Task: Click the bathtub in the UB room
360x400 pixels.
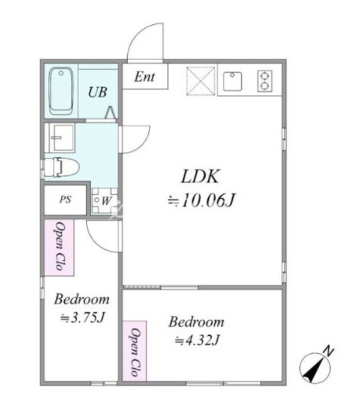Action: (x=61, y=91)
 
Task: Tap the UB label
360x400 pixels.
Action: (x=97, y=92)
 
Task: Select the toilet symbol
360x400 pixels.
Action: (x=61, y=168)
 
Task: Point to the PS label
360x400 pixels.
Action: (x=65, y=199)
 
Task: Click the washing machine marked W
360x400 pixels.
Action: (x=105, y=201)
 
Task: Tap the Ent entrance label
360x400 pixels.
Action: (x=145, y=76)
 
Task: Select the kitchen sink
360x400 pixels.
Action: (x=232, y=81)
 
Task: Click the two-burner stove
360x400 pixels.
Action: (x=265, y=81)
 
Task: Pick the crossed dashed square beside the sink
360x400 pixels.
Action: (x=200, y=81)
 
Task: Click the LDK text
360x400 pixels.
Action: (x=200, y=176)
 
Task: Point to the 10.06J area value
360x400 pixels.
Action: (x=201, y=200)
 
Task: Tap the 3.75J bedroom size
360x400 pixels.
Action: (x=83, y=318)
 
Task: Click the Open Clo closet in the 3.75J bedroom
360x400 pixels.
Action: (x=59, y=247)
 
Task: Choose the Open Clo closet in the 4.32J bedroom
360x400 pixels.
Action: (x=134, y=351)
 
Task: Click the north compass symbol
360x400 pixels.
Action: (x=315, y=368)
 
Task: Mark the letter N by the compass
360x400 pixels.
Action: (x=329, y=351)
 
